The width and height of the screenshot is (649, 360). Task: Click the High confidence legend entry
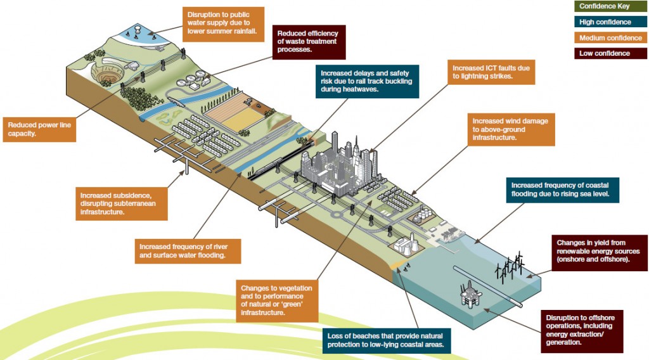pos(610,22)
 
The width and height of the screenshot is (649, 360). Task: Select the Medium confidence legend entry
pos(610,38)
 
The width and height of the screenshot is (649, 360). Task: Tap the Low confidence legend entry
pos(610,53)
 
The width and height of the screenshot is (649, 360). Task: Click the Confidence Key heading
pos(610,6)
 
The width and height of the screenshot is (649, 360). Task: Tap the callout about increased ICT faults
pos(491,72)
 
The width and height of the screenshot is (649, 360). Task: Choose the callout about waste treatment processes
pos(307,42)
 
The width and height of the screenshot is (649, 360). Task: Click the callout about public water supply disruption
pos(223,24)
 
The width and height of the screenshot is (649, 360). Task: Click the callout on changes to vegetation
pos(276,300)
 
